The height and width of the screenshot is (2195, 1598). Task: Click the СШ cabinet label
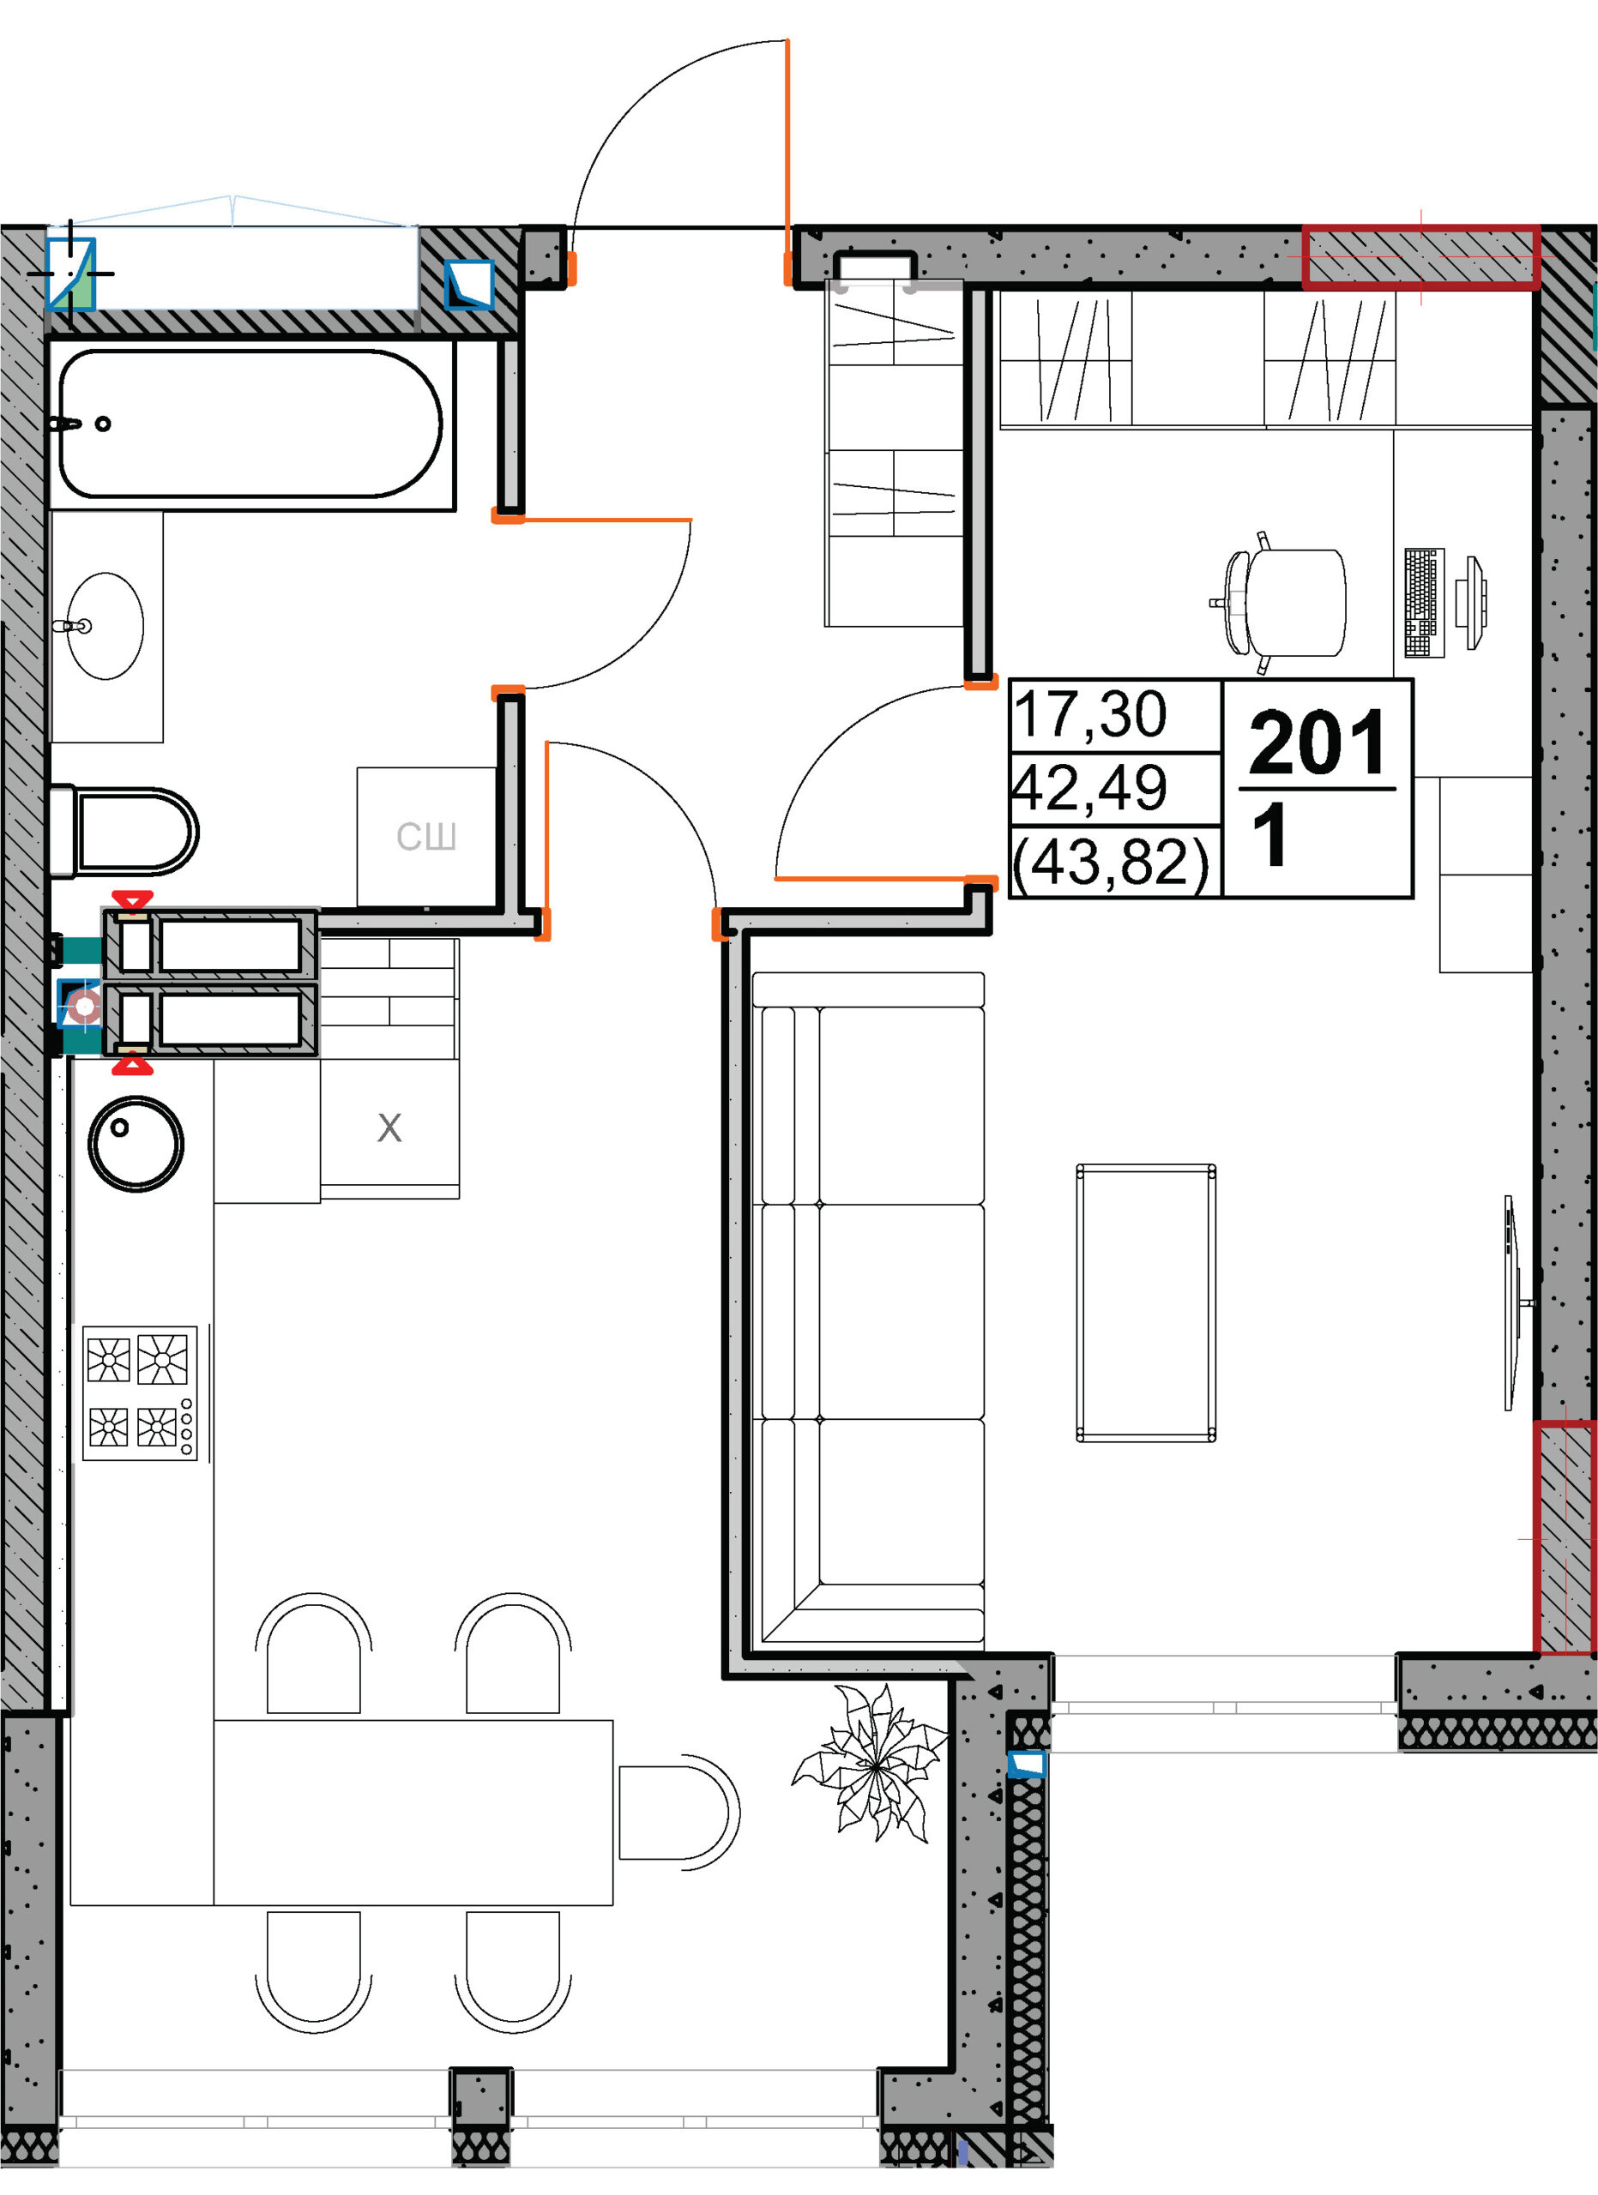coord(425,836)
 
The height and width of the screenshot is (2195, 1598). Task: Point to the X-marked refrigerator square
coord(389,1128)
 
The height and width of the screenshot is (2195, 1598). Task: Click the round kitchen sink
coord(136,1143)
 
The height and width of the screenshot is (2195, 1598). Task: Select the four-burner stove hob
coord(141,1392)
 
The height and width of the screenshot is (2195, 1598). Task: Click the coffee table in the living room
coord(1146,1302)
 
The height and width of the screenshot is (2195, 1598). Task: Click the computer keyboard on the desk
coord(1424,602)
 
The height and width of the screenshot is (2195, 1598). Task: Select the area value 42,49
coord(1088,788)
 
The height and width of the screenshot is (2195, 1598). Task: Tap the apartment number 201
coord(1318,743)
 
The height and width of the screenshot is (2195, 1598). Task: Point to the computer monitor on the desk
coord(1475,602)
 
